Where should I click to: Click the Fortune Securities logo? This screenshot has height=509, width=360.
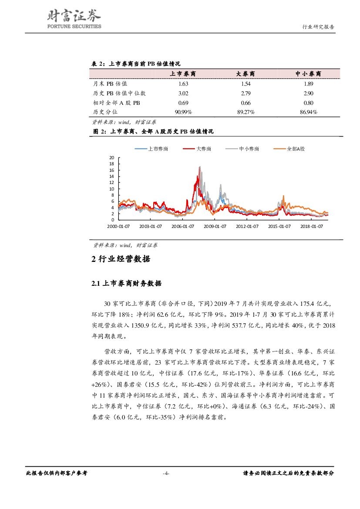[x=74, y=20]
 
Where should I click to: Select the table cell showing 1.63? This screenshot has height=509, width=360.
[x=183, y=84]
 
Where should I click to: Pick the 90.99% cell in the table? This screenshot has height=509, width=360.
[x=183, y=112]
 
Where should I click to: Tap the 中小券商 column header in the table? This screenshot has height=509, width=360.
[x=308, y=74]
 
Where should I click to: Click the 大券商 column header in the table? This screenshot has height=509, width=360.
[x=246, y=74]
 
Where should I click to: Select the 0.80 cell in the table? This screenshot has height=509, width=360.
[x=308, y=103]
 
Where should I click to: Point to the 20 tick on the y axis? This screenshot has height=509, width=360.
[x=111, y=157]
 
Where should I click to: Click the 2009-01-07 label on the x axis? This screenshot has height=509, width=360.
[x=215, y=226]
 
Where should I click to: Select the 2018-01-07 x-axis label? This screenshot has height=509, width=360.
[x=312, y=226]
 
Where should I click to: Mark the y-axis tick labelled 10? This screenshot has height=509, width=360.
[x=111, y=189]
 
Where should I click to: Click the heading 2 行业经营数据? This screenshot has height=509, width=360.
[x=121, y=259]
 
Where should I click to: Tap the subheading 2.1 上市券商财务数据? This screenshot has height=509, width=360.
[x=126, y=284]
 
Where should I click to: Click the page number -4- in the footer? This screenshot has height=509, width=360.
[x=166, y=473]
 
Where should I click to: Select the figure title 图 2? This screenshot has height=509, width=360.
[x=153, y=131]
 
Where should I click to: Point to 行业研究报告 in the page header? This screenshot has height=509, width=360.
[x=318, y=27]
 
